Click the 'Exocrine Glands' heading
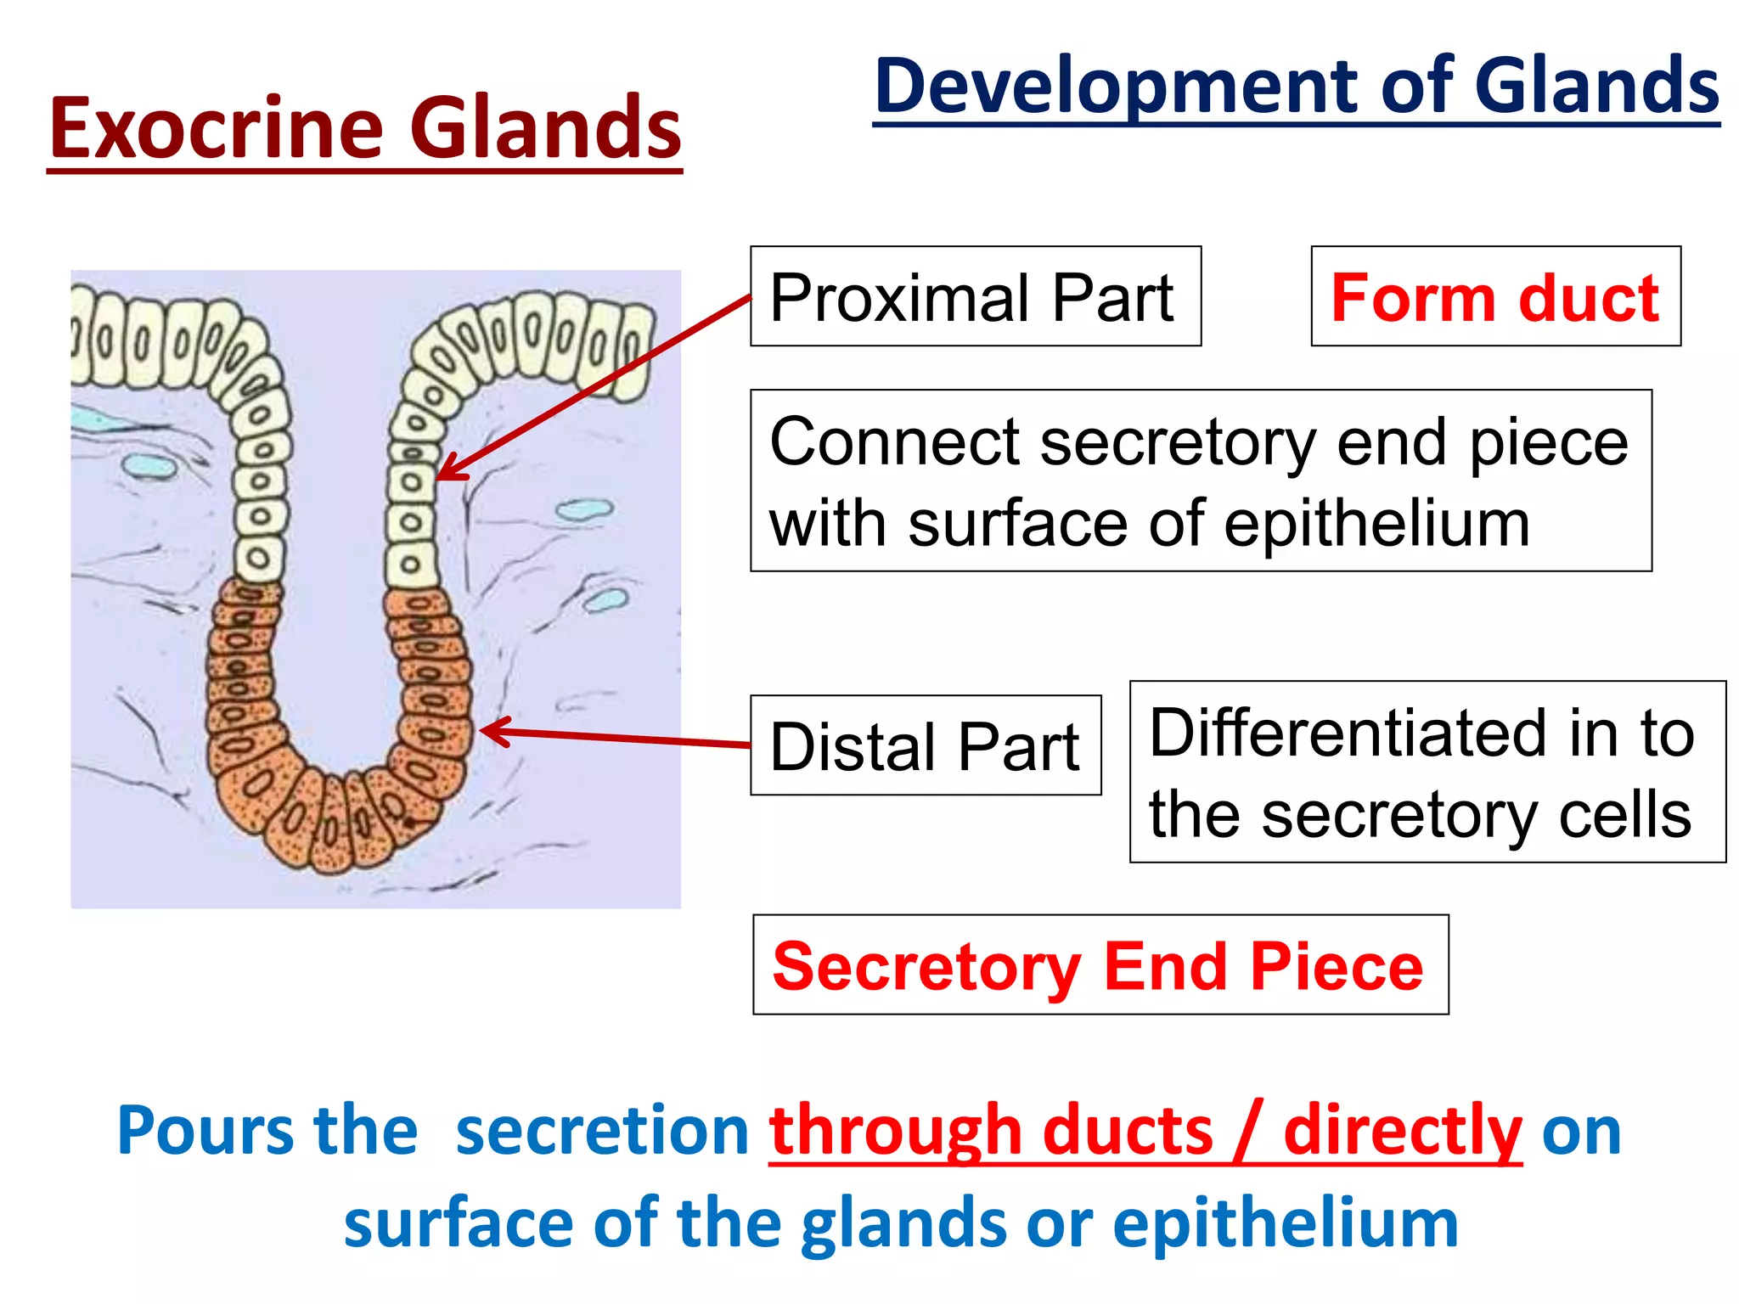365,129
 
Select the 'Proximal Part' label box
975,297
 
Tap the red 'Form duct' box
1494,297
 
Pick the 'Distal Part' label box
926,746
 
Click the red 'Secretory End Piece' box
1100,965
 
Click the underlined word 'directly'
1402,1131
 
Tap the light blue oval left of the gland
149,464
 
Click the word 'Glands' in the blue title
1596,87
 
